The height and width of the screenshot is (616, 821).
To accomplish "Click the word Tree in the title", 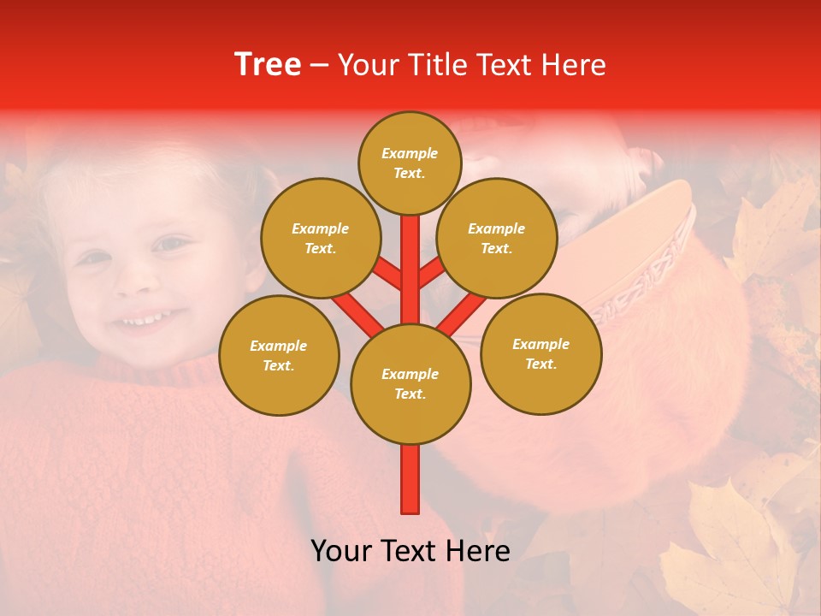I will [x=268, y=65].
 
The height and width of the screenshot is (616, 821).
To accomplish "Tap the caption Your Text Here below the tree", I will [x=410, y=551].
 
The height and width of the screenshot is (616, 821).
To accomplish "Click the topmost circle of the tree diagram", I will [x=410, y=163].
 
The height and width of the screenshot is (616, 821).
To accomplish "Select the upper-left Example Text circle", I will [x=320, y=238].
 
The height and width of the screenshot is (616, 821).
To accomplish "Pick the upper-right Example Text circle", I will [x=496, y=238].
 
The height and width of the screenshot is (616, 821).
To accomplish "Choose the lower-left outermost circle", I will [x=279, y=355].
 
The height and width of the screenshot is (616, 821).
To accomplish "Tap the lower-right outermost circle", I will [x=540, y=353].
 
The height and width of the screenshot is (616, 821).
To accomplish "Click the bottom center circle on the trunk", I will [x=410, y=384].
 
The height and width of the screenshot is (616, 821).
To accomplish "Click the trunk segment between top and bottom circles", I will [x=410, y=257].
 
